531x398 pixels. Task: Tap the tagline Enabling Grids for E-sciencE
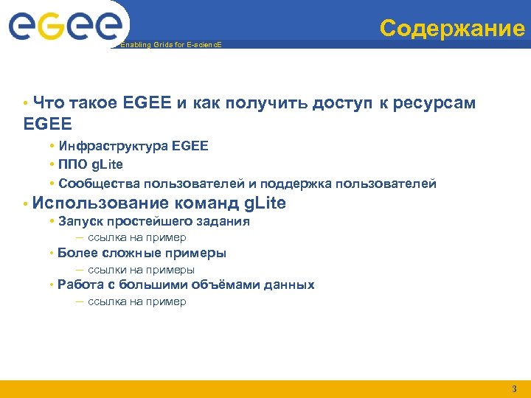(x=170, y=45)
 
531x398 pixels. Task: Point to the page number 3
(x=514, y=388)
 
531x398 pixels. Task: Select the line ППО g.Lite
(x=91, y=164)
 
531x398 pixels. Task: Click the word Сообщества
(x=93, y=183)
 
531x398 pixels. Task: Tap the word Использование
(x=102, y=203)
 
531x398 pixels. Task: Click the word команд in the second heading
(x=207, y=203)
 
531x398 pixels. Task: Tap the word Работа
(x=80, y=284)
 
